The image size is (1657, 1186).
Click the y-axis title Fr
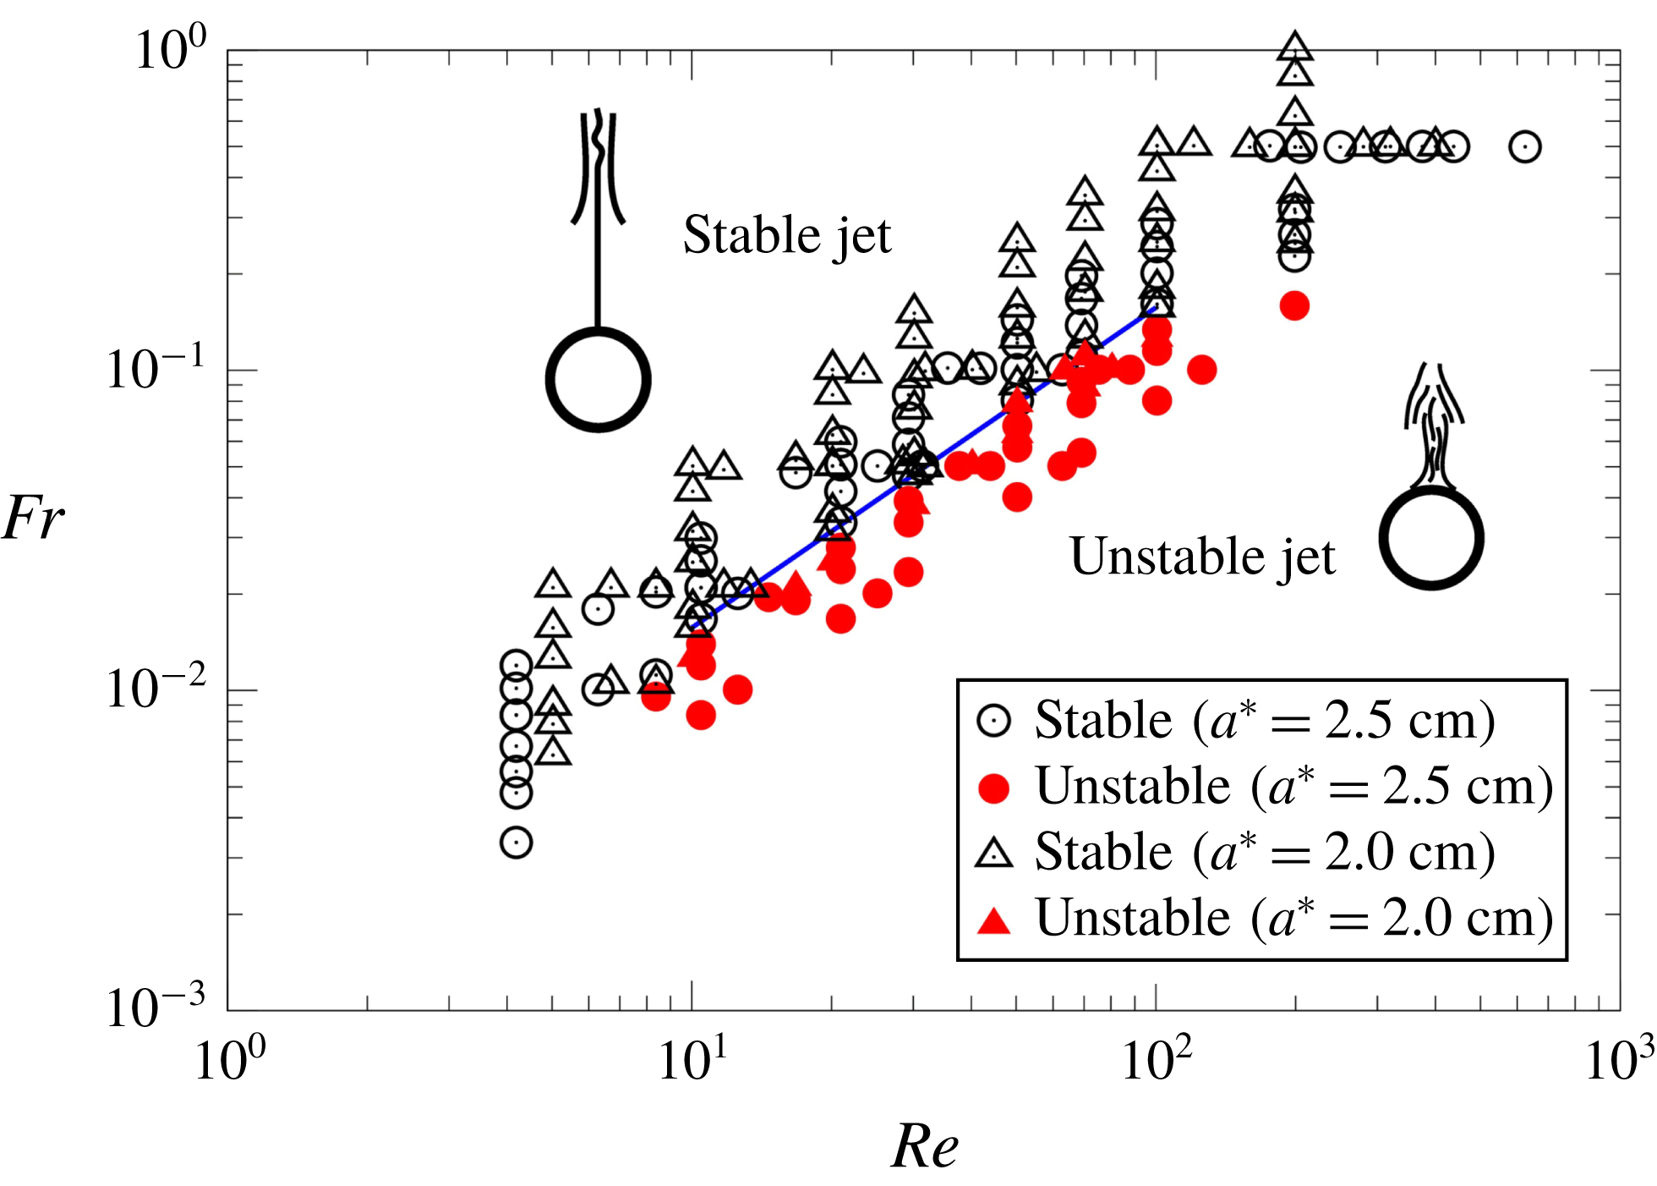click(x=34, y=517)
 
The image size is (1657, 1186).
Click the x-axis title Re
click(x=925, y=1146)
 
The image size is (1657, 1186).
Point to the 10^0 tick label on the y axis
click(x=170, y=48)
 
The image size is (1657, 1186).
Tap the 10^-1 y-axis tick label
click(x=156, y=369)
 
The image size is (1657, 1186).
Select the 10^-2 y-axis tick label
click(x=156, y=689)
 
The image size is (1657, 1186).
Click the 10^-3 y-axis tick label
click(x=156, y=1008)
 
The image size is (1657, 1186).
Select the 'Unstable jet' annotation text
click(x=1202, y=557)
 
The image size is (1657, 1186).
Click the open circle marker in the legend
click(x=994, y=722)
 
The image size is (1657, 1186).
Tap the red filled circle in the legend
click(x=994, y=788)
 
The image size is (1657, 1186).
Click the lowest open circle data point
click(x=516, y=843)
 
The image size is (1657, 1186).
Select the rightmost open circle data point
click(x=1524, y=146)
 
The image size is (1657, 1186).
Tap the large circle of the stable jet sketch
click(x=598, y=380)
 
